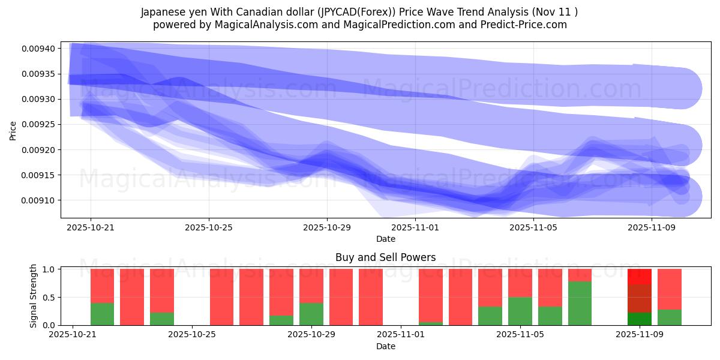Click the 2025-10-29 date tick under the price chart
(327, 227)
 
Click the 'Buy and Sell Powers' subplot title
(385, 258)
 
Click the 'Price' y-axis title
(13, 130)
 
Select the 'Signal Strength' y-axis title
(34, 296)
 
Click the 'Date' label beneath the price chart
(385, 239)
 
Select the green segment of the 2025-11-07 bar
(580, 303)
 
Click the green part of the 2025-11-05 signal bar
(520, 311)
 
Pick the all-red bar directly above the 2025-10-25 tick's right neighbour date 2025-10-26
(221, 297)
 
